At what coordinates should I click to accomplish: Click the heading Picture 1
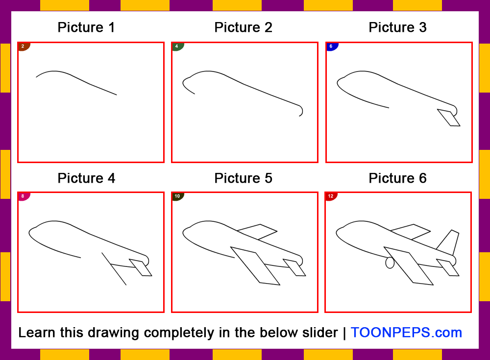click(86, 27)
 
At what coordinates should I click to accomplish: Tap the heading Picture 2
click(243, 27)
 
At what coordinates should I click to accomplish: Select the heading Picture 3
click(397, 27)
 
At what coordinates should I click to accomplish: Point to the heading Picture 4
click(86, 178)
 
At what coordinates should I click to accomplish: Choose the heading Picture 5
click(243, 178)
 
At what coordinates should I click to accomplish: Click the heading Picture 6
click(397, 178)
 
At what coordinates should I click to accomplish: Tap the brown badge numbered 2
click(23, 47)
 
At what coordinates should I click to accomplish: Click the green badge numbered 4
click(177, 47)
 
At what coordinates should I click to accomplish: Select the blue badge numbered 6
click(331, 47)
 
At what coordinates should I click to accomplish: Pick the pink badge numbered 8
click(23, 196)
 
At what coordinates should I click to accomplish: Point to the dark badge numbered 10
click(177, 196)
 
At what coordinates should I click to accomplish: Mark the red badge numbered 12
click(330, 196)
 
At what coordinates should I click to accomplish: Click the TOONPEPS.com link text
click(406, 333)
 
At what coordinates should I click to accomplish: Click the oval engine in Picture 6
click(390, 263)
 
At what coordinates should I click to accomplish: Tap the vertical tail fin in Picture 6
click(450, 241)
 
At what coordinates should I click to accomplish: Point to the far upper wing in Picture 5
click(258, 231)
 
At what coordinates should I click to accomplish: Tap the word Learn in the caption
click(37, 333)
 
